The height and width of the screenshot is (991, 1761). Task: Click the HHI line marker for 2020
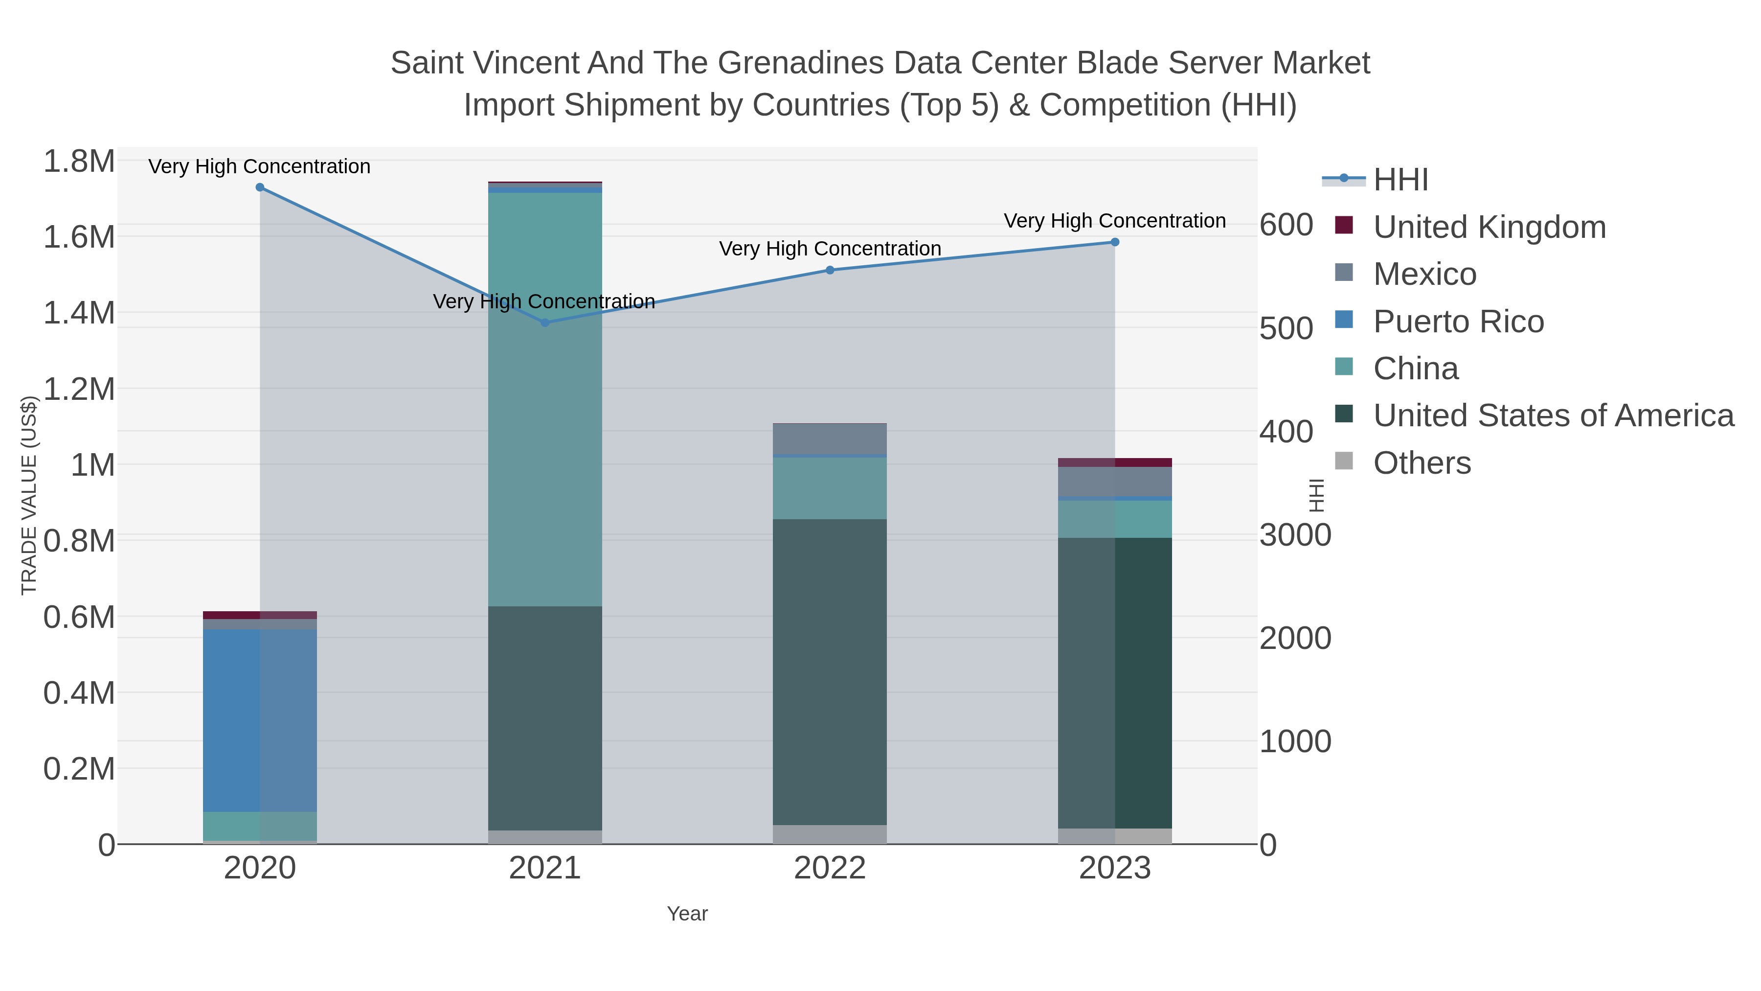pos(260,187)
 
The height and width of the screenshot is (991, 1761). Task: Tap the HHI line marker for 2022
pos(830,270)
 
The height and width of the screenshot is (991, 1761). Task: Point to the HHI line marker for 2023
pos(1115,242)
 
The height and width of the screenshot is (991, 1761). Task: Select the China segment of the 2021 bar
pos(545,399)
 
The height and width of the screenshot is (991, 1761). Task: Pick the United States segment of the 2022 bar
pos(830,671)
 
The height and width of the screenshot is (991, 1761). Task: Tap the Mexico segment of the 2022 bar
pos(830,438)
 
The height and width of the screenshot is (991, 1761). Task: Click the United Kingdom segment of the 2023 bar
pos(1115,463)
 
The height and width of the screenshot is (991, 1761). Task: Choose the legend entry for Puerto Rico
pos(1458,322)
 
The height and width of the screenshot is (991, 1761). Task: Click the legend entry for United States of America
pos(1553,415)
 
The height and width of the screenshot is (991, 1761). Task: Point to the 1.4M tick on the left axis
pos(79,313)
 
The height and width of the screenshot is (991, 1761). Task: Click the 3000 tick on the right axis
pos(1295,535)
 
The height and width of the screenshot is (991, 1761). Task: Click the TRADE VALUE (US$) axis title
pos(29,495)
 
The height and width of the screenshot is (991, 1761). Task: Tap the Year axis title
pos(687,914)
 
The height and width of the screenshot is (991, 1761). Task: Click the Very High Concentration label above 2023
pos(1114,221)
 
